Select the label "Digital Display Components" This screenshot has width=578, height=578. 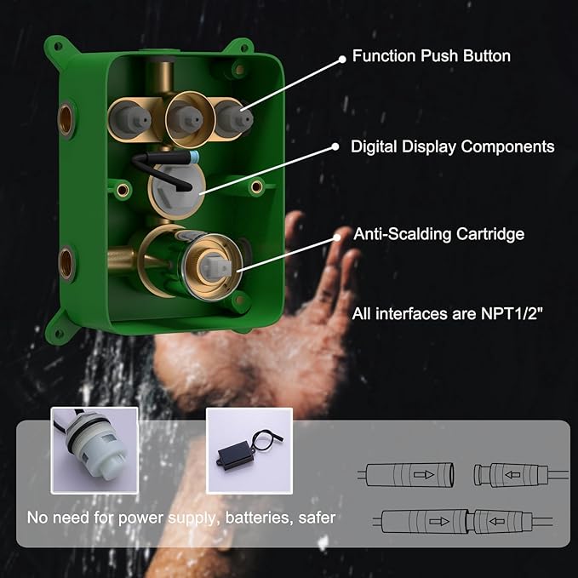pyautogui.click(x=452, y=147)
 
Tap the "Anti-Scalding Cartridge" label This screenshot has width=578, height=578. pyautogui.click(x=439, y=234)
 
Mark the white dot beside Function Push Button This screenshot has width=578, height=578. pyautogui.click(x=342, y=58)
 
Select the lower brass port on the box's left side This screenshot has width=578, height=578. pyautogui.click(x=66, y=262)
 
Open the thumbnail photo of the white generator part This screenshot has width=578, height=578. pyautogui.click(x=94, y=450)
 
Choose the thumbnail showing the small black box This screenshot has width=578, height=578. pyautogui.click(x=249, y=450)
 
